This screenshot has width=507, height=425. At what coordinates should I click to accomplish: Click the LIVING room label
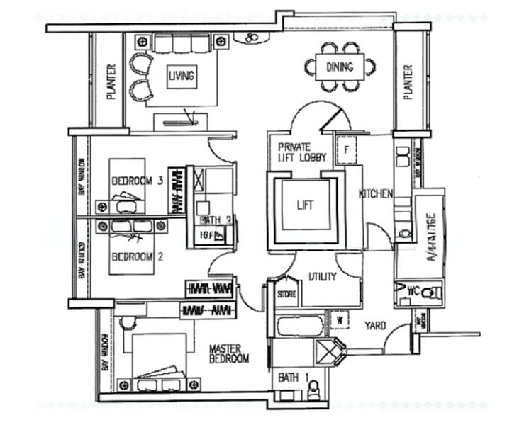pos(182,76)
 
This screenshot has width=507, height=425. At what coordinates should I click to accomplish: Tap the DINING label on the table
pos(340,68)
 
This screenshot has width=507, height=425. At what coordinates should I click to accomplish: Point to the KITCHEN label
pos(376,194)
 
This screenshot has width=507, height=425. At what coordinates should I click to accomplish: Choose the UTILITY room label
pos(322,277)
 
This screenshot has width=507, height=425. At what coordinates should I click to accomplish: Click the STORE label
pos(286,293)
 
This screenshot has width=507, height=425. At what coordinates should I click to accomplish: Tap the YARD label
pos(375,326)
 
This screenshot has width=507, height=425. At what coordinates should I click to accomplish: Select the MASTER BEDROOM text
pos(228,354)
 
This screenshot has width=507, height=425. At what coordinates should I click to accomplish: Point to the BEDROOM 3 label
pos(138,181)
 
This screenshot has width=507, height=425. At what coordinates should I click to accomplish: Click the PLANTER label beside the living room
pos(111,83)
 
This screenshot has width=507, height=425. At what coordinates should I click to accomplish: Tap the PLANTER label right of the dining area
pos(408,83)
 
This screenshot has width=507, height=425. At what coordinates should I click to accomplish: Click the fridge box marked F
pos(345,150)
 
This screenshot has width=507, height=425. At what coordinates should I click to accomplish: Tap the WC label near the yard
pos(413,290)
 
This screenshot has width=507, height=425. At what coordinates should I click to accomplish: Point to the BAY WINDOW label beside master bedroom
pos(105,354)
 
